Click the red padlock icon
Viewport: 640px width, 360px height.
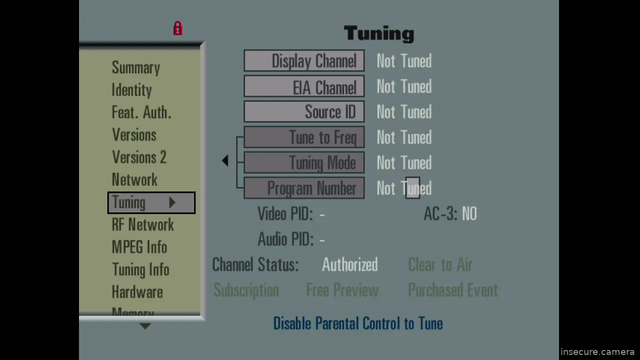point(177,28)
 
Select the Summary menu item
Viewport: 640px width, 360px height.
point(135,68)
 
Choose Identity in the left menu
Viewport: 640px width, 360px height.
point(131,90)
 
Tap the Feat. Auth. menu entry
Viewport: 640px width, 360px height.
point(141,113)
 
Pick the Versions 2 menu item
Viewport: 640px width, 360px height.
point(139,157)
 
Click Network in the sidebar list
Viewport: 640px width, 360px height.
point(134,180)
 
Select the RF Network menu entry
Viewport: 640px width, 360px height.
point(142,225)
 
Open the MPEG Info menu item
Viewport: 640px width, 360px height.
point(139,247)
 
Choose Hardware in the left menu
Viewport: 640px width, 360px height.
point(137,292)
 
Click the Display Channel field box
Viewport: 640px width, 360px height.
point(304,61)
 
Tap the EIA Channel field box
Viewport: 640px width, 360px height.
point(304,87)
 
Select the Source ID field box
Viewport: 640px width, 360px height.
point(304,112)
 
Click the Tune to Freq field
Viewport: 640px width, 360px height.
point(304,137)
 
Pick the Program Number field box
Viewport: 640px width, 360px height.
point(304,188)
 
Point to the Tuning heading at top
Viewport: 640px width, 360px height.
point(379,33)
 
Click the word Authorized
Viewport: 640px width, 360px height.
point(349,265)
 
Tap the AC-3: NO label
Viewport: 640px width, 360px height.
point(450,214)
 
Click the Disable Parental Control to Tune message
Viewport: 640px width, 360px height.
point(358,323)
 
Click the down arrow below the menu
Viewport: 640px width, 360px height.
point(145,326)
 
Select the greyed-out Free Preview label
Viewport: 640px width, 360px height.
point(342,290)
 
